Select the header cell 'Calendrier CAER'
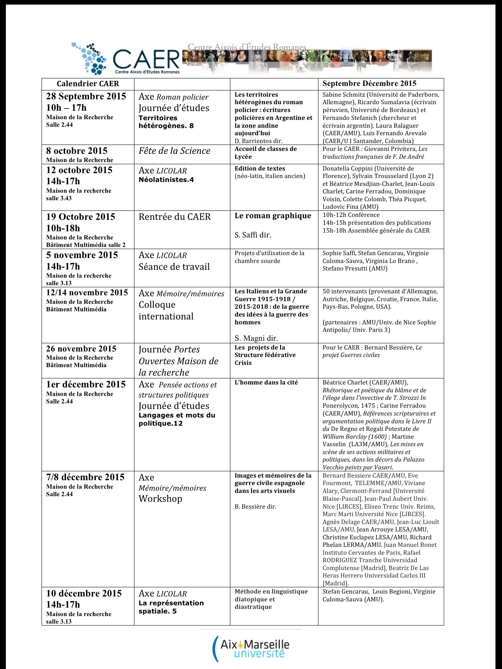coord(88,84)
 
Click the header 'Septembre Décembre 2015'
coord(369,83)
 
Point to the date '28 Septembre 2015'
coord(86,96)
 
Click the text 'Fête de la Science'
coord(175,151)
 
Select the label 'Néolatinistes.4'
coord(166,180)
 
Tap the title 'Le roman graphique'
coord(273,216)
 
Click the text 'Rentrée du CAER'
coord(175,217)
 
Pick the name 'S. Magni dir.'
coord(256,338)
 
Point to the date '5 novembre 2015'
coord(82,255)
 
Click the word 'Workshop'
coord(160,499)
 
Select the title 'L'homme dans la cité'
coord(266,383)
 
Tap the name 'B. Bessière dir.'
coord(256,507)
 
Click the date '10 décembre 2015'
coord(84,594)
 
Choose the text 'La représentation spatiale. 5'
coord(171,607)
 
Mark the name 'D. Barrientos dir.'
coord(259,141)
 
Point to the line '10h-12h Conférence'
coord(351,215)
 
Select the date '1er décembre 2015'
coord(86,384)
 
